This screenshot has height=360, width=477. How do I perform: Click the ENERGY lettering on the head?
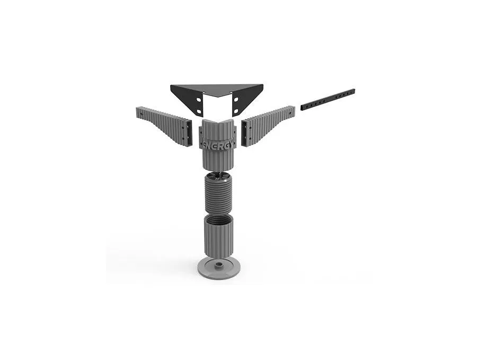[x=218, y=145]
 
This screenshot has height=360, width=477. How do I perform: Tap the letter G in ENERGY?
[x=226, y=145]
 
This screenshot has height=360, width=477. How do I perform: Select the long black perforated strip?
[x=328, y=100]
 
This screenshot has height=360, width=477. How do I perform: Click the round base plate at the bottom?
[x=218, y=267]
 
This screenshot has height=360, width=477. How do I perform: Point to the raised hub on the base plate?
[x=218, y=265]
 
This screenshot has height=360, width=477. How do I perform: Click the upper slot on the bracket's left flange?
[x=198, y=100]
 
